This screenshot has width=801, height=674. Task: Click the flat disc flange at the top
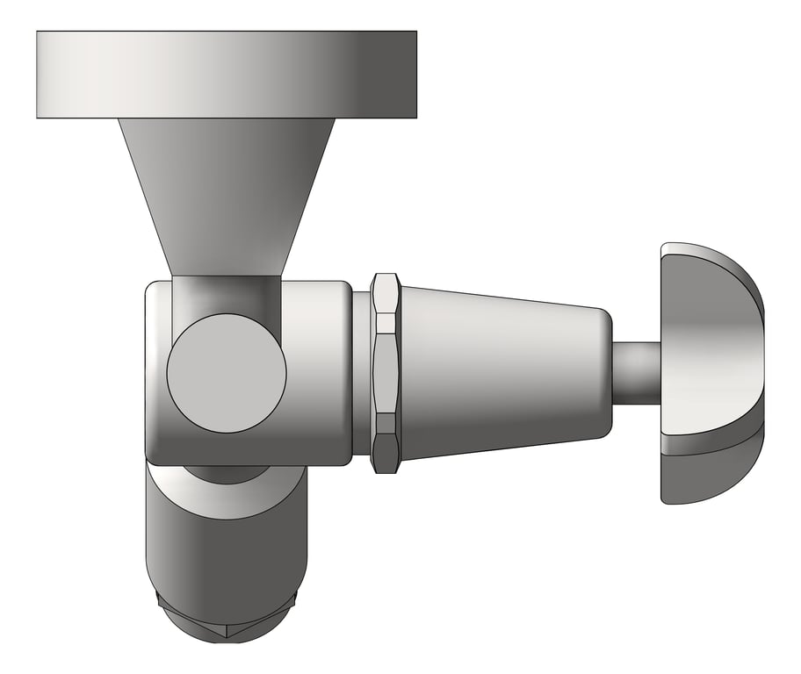point(226,75)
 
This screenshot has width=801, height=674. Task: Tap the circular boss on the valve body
point(227,373)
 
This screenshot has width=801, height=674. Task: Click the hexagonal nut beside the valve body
point(386,373)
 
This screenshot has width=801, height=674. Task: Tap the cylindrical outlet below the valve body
point(227,553)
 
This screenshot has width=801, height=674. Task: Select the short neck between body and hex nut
point(361,373)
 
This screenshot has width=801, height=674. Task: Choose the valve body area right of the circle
point(318,373)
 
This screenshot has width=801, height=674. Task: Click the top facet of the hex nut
point(386,290)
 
